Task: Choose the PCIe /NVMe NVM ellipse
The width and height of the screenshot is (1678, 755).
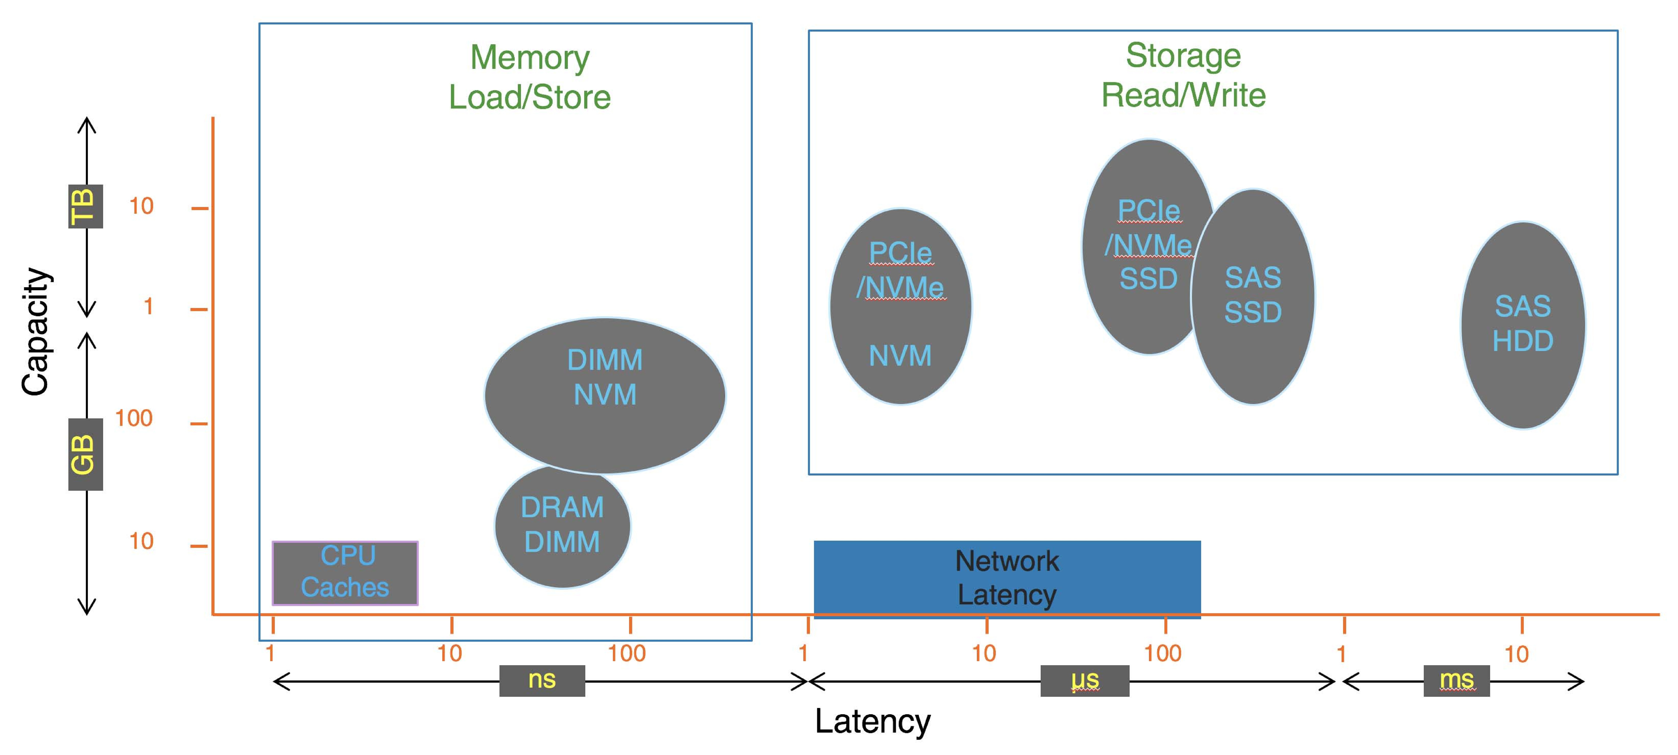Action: click(900, 306)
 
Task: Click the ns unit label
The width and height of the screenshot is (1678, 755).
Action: click(542, 680)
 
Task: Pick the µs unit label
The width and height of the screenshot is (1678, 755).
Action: click(1085, 680)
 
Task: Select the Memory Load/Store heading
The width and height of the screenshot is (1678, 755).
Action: click(530, 77)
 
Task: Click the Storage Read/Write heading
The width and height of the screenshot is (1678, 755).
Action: click(1183, 75)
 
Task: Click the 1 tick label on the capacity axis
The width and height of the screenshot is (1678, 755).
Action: click(149, 306)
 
